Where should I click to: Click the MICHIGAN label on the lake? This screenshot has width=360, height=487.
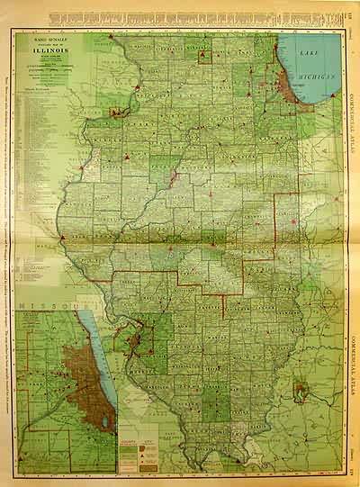320,79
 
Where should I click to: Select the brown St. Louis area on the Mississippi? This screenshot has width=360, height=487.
137,342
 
